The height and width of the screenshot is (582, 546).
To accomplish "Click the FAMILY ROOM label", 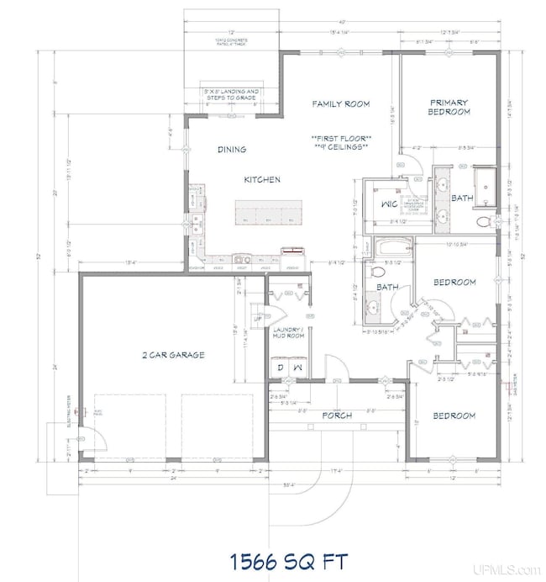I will tap(340, 103).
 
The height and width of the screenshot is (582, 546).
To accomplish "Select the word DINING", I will tap(232, 150).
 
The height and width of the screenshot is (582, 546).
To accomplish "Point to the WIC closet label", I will tap(388, 204).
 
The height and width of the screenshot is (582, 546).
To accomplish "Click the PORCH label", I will tap(336, 415).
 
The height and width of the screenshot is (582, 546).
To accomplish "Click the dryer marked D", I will tap(279, 368).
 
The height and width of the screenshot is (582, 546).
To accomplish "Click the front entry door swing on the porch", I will tap(335, 368).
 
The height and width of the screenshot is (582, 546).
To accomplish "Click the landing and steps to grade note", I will tap(230, 93).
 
